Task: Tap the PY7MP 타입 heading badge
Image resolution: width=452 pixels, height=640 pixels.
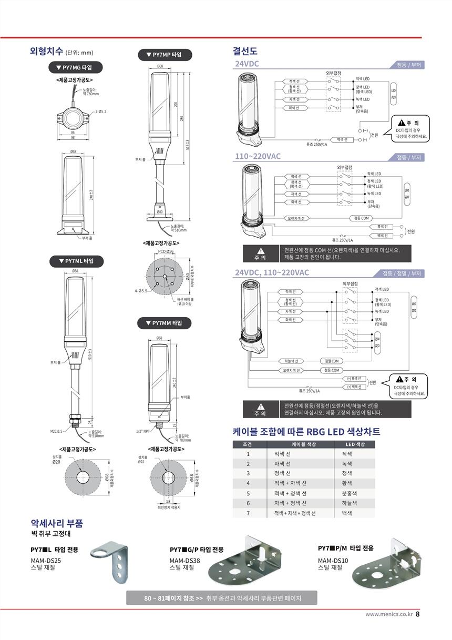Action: pos(165,55)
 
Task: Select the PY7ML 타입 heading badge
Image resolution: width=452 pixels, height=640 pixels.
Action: pos(77,261)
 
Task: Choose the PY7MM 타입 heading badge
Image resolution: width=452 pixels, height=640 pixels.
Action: pos(165,322)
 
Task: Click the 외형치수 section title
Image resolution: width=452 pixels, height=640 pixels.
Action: pos(47,51)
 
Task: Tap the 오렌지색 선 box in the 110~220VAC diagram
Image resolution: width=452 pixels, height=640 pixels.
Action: pos(297,218)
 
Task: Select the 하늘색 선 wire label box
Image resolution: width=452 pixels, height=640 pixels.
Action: pos(291,361)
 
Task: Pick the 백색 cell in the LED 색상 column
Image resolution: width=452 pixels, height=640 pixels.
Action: pos(347,513)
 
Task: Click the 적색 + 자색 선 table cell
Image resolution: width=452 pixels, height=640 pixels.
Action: pos(291,483)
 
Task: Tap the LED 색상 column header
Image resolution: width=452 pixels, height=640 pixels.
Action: pos(356,444)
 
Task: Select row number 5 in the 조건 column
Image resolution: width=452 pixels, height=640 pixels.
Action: pos(248,493)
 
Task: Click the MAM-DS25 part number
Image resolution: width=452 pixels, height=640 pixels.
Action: pos(46,561)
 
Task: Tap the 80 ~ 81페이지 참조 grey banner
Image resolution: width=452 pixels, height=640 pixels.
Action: pos(221,598)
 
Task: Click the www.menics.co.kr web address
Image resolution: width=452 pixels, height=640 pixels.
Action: pos(389,614)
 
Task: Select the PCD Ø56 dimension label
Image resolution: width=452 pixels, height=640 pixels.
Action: pos(166,252)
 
